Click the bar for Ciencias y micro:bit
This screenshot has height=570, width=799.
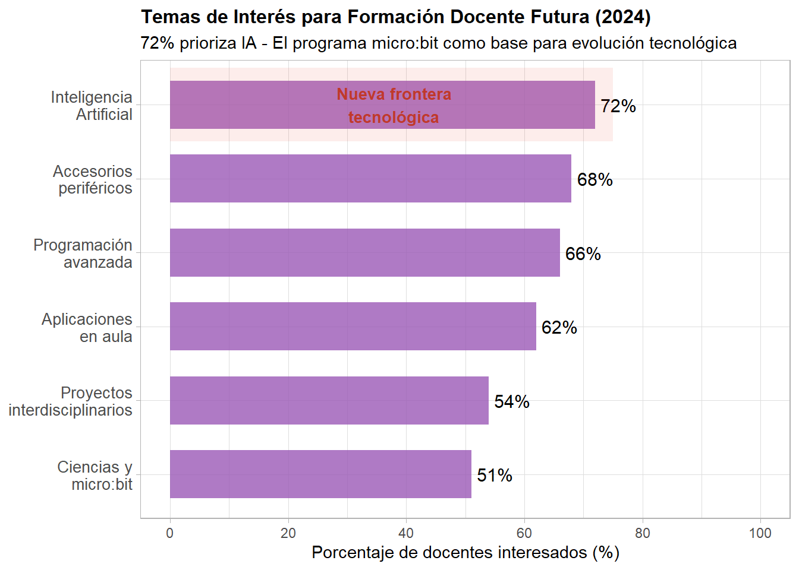tap(320, 474)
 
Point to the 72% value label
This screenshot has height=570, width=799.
tap(618, 106)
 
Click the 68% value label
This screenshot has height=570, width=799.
tap(594, 180)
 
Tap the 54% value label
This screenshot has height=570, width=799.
tap(512, 402)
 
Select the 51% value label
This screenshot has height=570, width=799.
tap(495, 476)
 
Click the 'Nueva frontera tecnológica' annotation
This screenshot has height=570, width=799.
tap(394, 106)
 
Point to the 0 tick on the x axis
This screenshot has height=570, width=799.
tap(170, 533)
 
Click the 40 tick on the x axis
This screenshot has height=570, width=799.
tap(406, 533)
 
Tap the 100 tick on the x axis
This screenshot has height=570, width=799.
tap(760, 533)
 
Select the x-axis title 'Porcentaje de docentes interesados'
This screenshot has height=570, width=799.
tap(465, 553)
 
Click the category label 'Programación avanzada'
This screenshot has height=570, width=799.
tap(83, 254)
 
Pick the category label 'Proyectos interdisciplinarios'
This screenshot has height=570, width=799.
tap(70, 401)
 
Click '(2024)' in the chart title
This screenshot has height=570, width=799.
tap(623, 17)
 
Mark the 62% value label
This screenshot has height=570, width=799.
tap(559, 328)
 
